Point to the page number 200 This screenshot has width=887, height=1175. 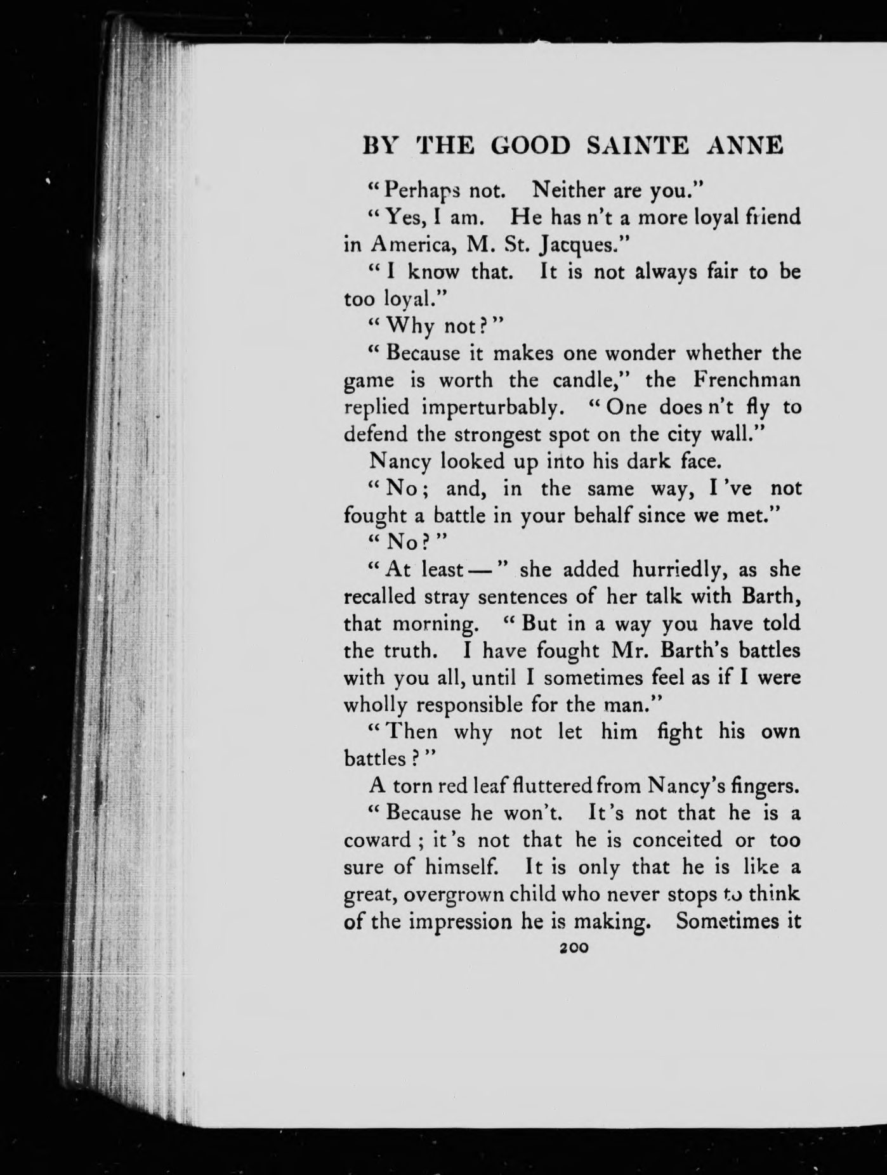click(x=573, y=947)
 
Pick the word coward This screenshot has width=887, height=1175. click(x=378, y=841)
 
